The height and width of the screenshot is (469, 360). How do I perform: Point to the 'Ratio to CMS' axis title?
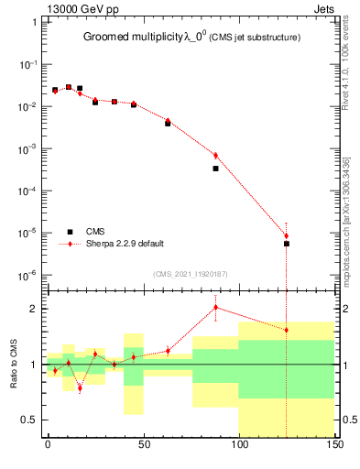(x=14, y=364)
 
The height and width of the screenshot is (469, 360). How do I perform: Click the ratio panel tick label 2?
(x=38, y=309)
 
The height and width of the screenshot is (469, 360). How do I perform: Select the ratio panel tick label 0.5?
(x=33, y=420)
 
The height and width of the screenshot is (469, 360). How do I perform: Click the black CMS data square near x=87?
(x=215, y=169)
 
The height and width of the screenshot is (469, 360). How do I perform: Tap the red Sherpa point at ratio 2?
(x=215, y=307)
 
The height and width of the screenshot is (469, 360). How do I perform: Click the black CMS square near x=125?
(x=287, y=244)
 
